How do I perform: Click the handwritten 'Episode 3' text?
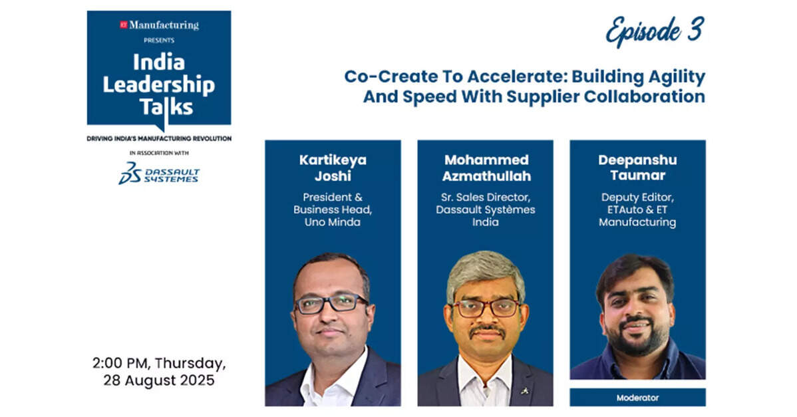coord(655,31)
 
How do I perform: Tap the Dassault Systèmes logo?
coord(158,173)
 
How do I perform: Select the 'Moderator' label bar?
coord(637,398)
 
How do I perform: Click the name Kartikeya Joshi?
coord(333,168)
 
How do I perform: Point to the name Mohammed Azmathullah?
coord(486,168)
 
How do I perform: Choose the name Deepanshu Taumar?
coord(637,168)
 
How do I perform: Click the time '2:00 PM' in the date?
coord(120,363)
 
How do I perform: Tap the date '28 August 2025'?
coord(158,380)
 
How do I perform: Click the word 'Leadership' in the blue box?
coord(158,85)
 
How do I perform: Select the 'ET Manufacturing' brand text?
coord(159,25)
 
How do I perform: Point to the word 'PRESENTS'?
coord(159,40)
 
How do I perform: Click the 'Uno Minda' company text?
coord(333,222)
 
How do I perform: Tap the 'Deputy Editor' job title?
coord(637,197)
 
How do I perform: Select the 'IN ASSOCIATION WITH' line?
coord(159,153)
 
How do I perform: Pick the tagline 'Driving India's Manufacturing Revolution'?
coord(159,138)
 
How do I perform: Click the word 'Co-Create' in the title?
coord(376,76)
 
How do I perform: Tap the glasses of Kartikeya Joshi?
coord(331,303)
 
